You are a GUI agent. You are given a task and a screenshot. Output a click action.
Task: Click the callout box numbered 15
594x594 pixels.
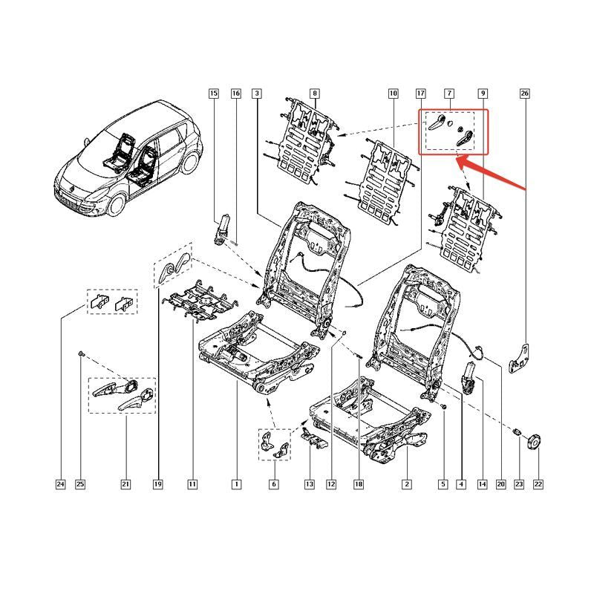point(214,94)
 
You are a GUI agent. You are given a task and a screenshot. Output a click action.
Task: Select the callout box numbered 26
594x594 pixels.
point(525,94)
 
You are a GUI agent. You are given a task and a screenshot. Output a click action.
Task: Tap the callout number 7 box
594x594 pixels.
point(449,94)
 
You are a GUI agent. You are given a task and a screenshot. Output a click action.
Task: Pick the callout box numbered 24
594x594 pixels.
point(61,484)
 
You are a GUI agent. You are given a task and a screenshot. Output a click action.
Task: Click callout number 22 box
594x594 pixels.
point(538,484)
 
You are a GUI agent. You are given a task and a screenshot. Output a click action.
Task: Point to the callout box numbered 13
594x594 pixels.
point(310,484)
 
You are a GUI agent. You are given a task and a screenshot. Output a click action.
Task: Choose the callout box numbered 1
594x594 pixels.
point(236,484)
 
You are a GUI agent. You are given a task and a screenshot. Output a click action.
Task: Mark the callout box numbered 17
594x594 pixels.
point(421,94)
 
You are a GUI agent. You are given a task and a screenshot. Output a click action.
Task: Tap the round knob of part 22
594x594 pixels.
point(534,442)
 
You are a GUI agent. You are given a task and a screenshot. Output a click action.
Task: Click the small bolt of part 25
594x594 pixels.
point(81,353)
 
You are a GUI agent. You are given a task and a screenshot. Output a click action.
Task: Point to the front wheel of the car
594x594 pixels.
point(116,205)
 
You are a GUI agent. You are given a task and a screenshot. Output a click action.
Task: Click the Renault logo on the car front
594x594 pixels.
point(71,186)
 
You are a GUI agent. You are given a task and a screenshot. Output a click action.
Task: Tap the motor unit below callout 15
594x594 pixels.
point(221,229)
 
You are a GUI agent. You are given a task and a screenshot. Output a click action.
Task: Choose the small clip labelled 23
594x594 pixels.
point(518,431)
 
